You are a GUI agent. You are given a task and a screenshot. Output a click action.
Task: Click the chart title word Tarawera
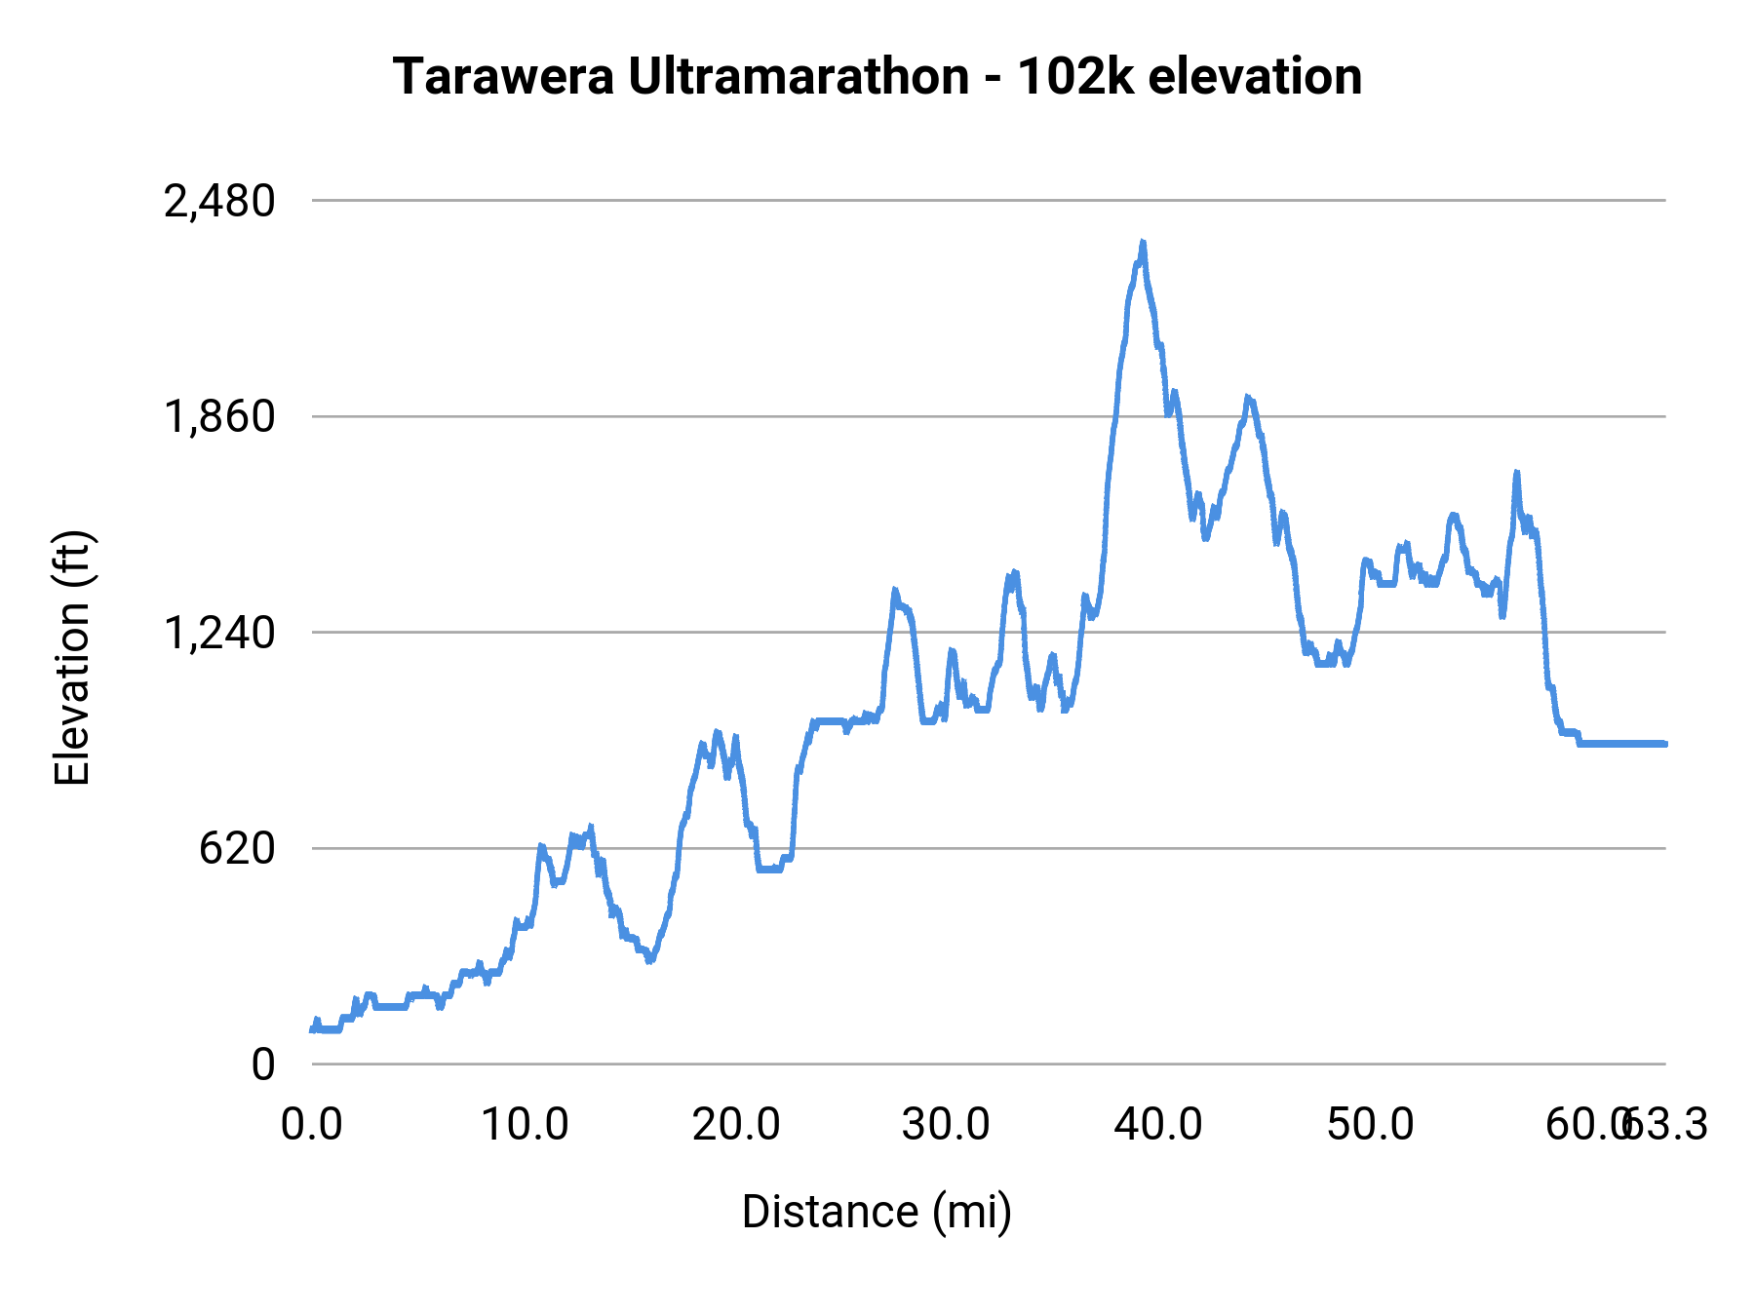503,77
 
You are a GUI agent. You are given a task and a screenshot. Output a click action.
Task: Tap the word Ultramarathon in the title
799,77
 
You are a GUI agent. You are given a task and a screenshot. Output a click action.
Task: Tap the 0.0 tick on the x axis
312,1125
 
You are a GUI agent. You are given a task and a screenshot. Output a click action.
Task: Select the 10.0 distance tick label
525,1125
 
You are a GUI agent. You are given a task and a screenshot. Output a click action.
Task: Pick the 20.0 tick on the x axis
736,1125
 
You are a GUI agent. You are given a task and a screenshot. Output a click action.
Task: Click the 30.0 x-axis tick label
947,1125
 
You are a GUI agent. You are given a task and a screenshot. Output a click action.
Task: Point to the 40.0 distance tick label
1158,1125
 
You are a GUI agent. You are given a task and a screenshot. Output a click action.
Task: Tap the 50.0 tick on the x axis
1370,1125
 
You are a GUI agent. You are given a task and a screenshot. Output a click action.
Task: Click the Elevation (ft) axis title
72,658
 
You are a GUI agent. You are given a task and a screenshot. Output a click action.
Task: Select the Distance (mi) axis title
877,1212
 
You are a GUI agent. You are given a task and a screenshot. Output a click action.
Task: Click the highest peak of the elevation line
1143,243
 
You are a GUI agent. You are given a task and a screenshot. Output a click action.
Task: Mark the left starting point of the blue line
312,1029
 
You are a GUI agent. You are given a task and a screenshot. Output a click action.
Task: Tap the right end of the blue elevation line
1664,744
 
